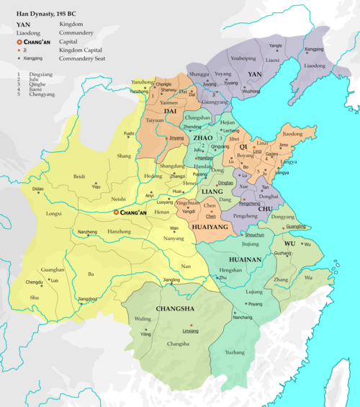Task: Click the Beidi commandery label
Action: tap(80, 176)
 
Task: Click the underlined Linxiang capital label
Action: tap(189, 331)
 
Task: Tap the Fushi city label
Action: tap(128, 133)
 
